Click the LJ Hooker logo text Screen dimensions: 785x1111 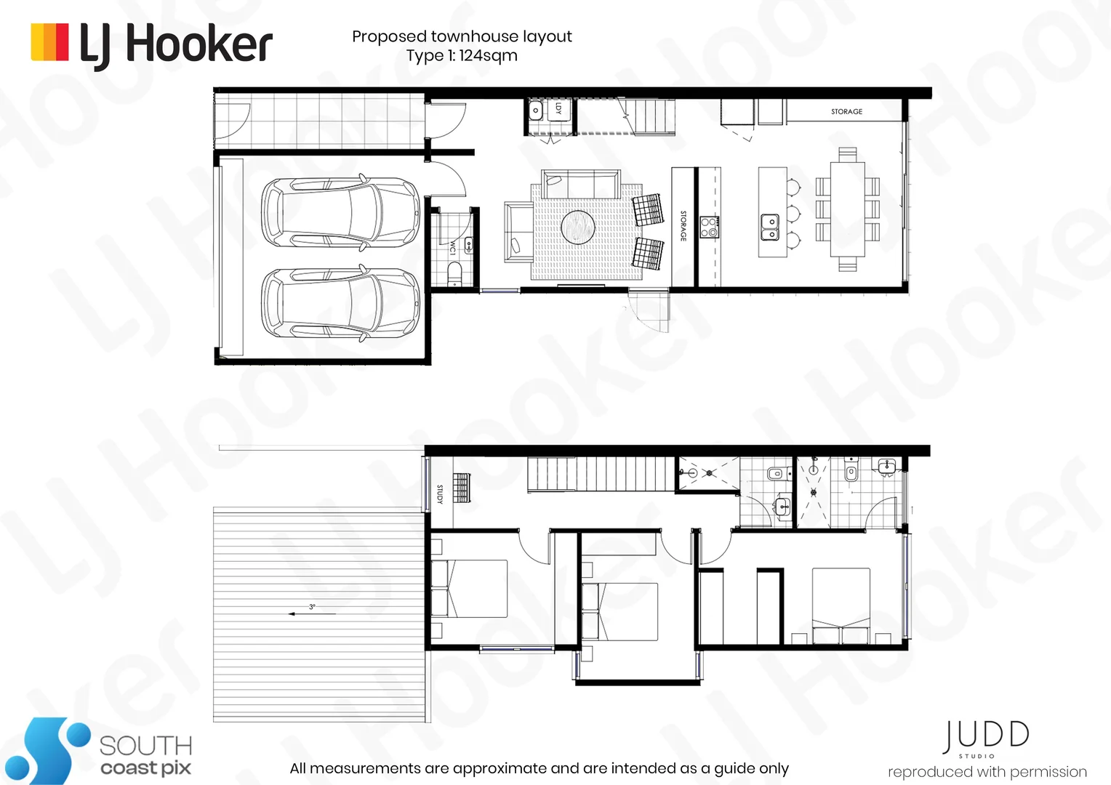tap(175, 44)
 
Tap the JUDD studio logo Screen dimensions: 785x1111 tap(986, 737)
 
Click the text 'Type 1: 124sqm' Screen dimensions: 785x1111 tap(462, 56)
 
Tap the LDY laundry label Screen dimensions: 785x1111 tap(558, 108)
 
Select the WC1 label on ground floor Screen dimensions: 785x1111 tap(452, 247)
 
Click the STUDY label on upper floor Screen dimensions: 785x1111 tap(439, 494)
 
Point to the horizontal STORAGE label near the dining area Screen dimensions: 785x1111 tap(846, 112)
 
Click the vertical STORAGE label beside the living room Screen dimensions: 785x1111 tap(683, 226)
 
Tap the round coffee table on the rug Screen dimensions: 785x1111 tap(578, 227)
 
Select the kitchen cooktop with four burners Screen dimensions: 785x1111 tap(708, 228)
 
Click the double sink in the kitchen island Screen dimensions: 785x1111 tap(770, 227)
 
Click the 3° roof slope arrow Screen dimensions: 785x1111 tap(312, 612)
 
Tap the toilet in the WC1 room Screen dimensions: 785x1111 tap(454, 273)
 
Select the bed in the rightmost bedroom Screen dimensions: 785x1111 tap(841, 605)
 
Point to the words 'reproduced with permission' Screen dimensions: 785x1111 tap(987, 772)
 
